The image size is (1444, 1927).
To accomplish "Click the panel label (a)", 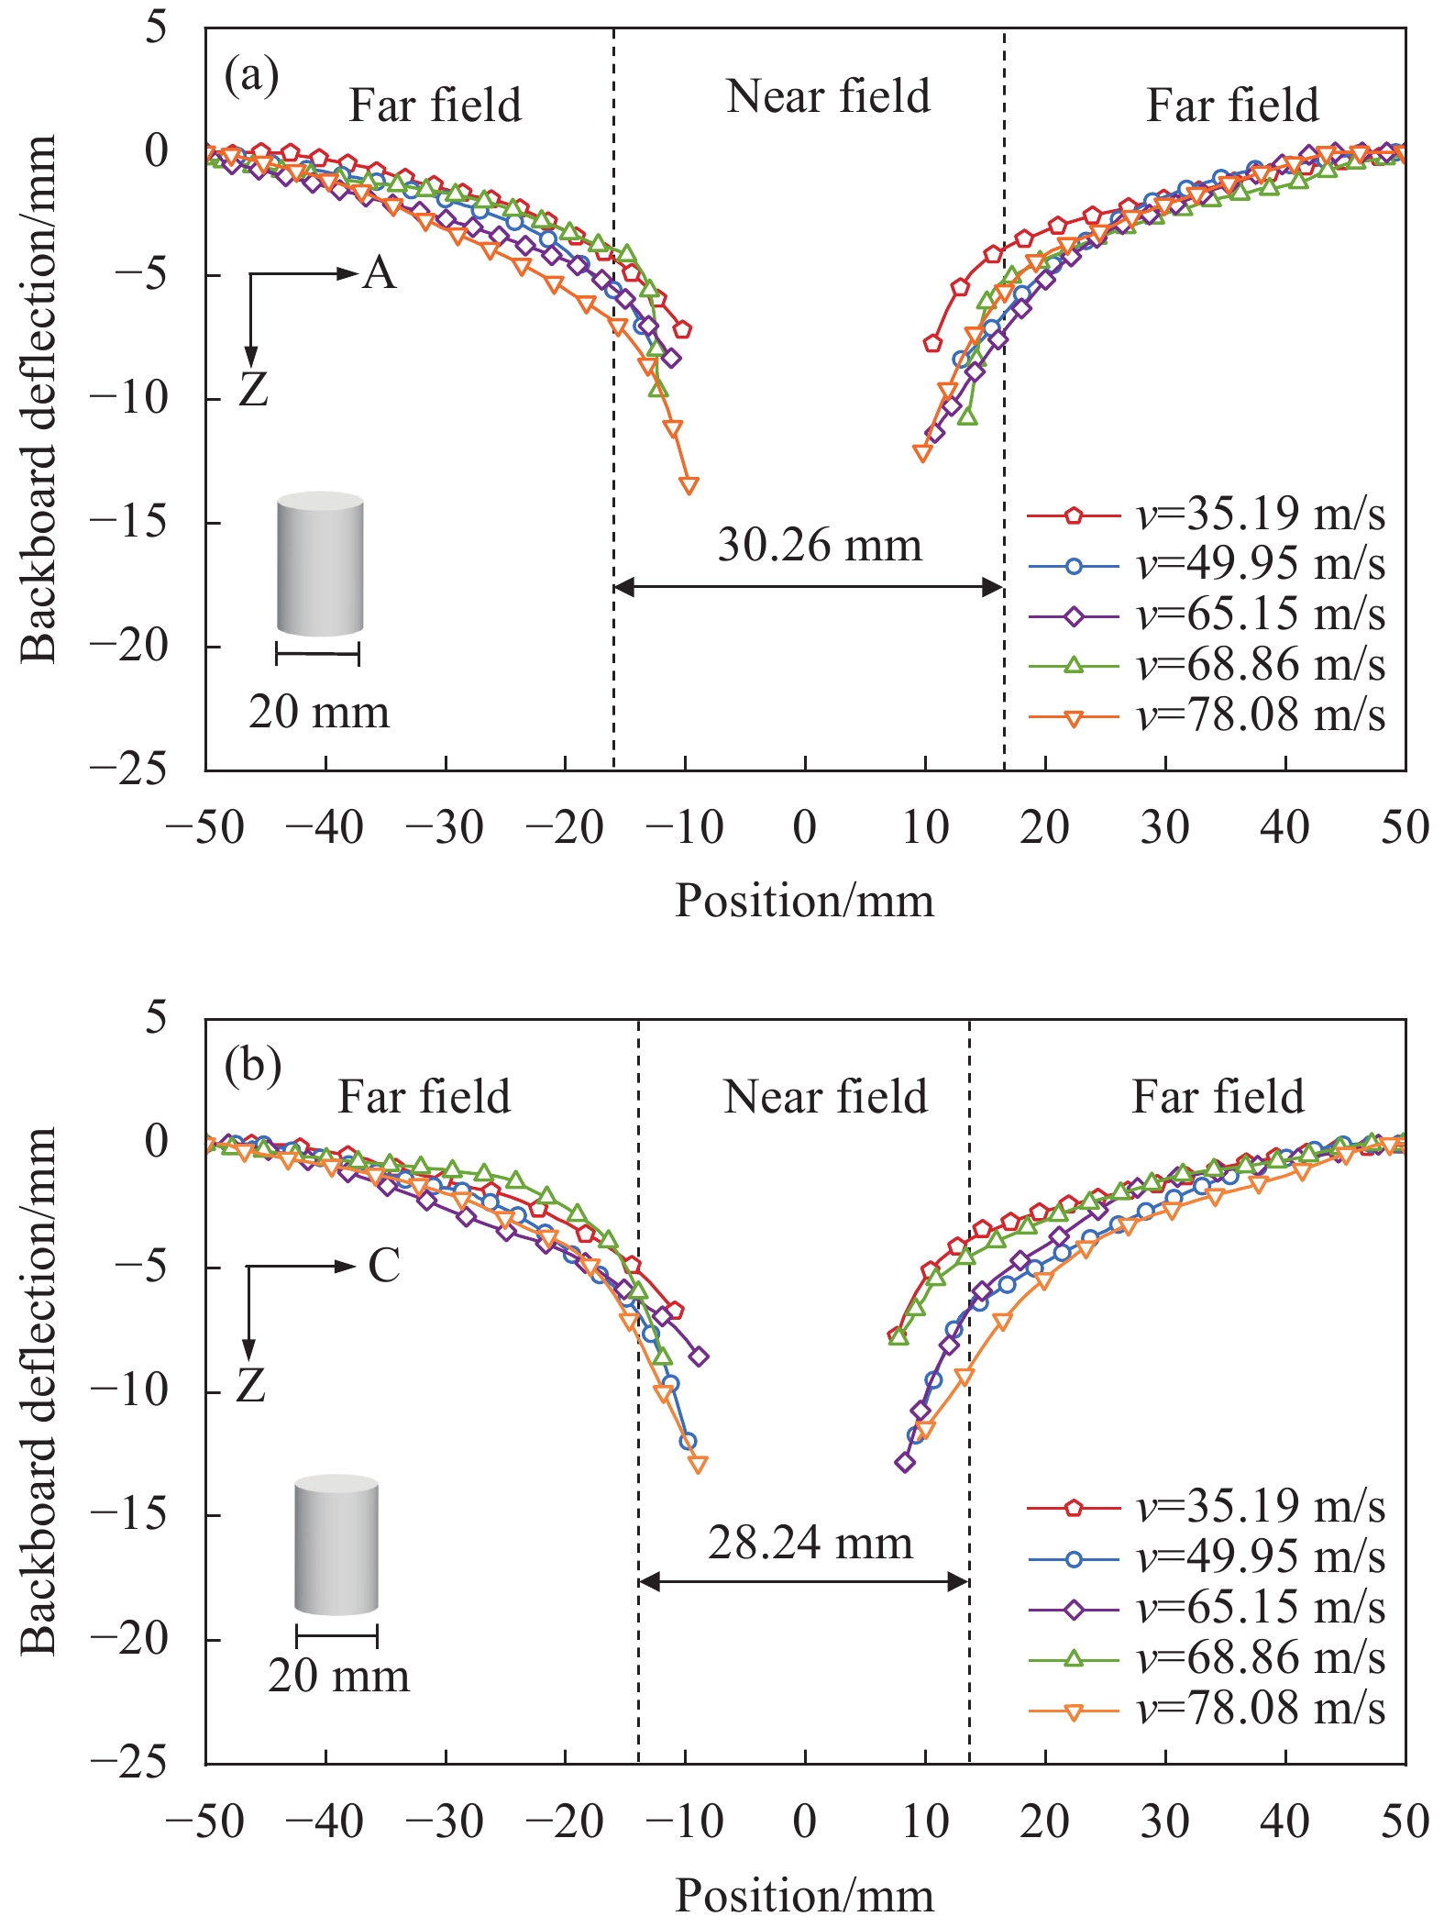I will pos(251,75).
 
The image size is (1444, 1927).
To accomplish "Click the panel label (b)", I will pos(252,1066).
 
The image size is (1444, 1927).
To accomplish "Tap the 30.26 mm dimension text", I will pos(819,545).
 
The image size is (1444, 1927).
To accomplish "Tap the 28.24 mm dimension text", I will pos(810,1543).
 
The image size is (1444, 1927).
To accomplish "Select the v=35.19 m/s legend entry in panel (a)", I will pos(1207,515).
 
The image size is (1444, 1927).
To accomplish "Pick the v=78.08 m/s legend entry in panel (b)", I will pos(1207,1708).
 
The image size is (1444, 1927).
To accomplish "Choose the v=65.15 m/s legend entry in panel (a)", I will pos(1207,615).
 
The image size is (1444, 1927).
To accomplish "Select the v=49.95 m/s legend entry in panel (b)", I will pos(1207,1556).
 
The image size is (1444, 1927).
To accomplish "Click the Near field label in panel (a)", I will pos(828,96).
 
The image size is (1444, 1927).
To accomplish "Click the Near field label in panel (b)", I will pos(825,1097).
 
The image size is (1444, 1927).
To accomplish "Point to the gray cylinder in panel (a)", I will pos(320,564).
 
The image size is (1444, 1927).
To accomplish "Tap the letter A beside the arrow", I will pos(380,273).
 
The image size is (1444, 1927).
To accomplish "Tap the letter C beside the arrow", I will pos(384,1267).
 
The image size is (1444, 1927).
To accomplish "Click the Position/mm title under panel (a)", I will pos(804,901).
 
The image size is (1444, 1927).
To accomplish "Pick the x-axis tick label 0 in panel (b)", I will pos(804,1822).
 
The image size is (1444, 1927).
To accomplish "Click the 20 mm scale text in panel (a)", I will pos(319,713).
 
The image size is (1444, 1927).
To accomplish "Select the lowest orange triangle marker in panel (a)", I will pos(689,484).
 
